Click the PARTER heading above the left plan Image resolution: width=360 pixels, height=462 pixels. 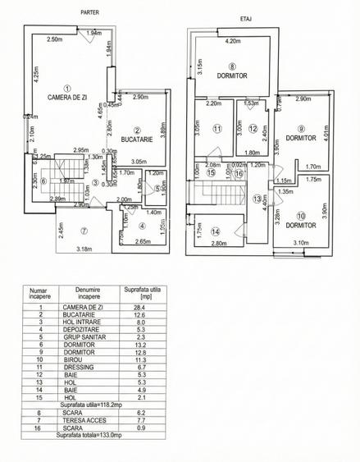coord(90,12)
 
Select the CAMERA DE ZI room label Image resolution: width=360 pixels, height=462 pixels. coord(67,97)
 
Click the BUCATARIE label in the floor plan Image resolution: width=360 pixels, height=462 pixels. coord(137,140)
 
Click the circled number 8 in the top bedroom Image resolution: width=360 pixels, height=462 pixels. coord(233,66)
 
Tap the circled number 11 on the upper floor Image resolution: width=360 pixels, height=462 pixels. coord(216,129)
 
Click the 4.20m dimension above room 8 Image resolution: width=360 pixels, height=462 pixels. coord(232,40)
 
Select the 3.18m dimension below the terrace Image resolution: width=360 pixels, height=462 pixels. coord(83,249)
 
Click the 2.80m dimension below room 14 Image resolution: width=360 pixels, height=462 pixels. coord(217,244)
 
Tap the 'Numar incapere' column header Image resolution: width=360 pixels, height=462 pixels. coord(38,293)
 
